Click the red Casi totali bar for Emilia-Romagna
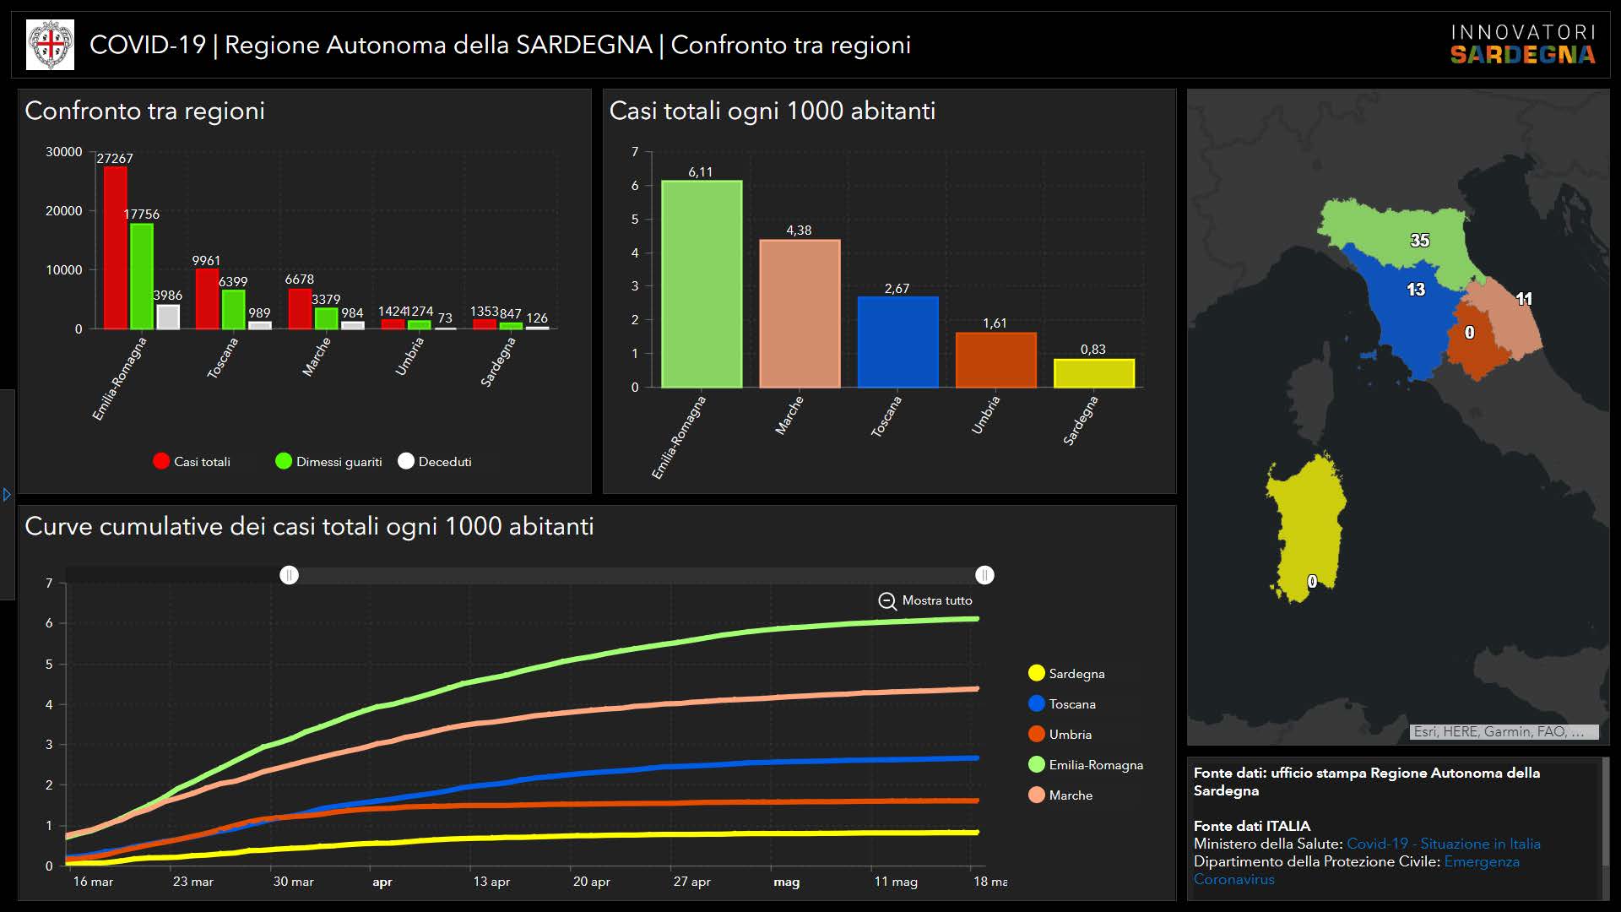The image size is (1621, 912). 115,247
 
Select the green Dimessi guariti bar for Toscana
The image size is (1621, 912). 233,309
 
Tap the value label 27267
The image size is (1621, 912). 115,159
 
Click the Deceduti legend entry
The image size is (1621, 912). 436,461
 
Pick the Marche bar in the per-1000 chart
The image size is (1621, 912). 800,313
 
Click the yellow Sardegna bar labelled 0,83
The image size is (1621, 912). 1093,373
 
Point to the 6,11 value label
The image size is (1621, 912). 700,172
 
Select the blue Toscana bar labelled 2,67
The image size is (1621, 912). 897,341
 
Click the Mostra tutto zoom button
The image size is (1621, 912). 925,600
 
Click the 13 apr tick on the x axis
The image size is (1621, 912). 491,882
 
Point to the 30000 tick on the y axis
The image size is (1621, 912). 64,152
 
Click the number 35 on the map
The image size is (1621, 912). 1420,241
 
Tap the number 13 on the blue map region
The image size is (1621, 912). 1416,290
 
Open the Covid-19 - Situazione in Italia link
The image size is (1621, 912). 1443,844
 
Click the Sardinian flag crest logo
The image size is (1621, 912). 51,45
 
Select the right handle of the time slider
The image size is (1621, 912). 984,575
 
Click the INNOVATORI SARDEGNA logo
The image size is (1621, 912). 1522,45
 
